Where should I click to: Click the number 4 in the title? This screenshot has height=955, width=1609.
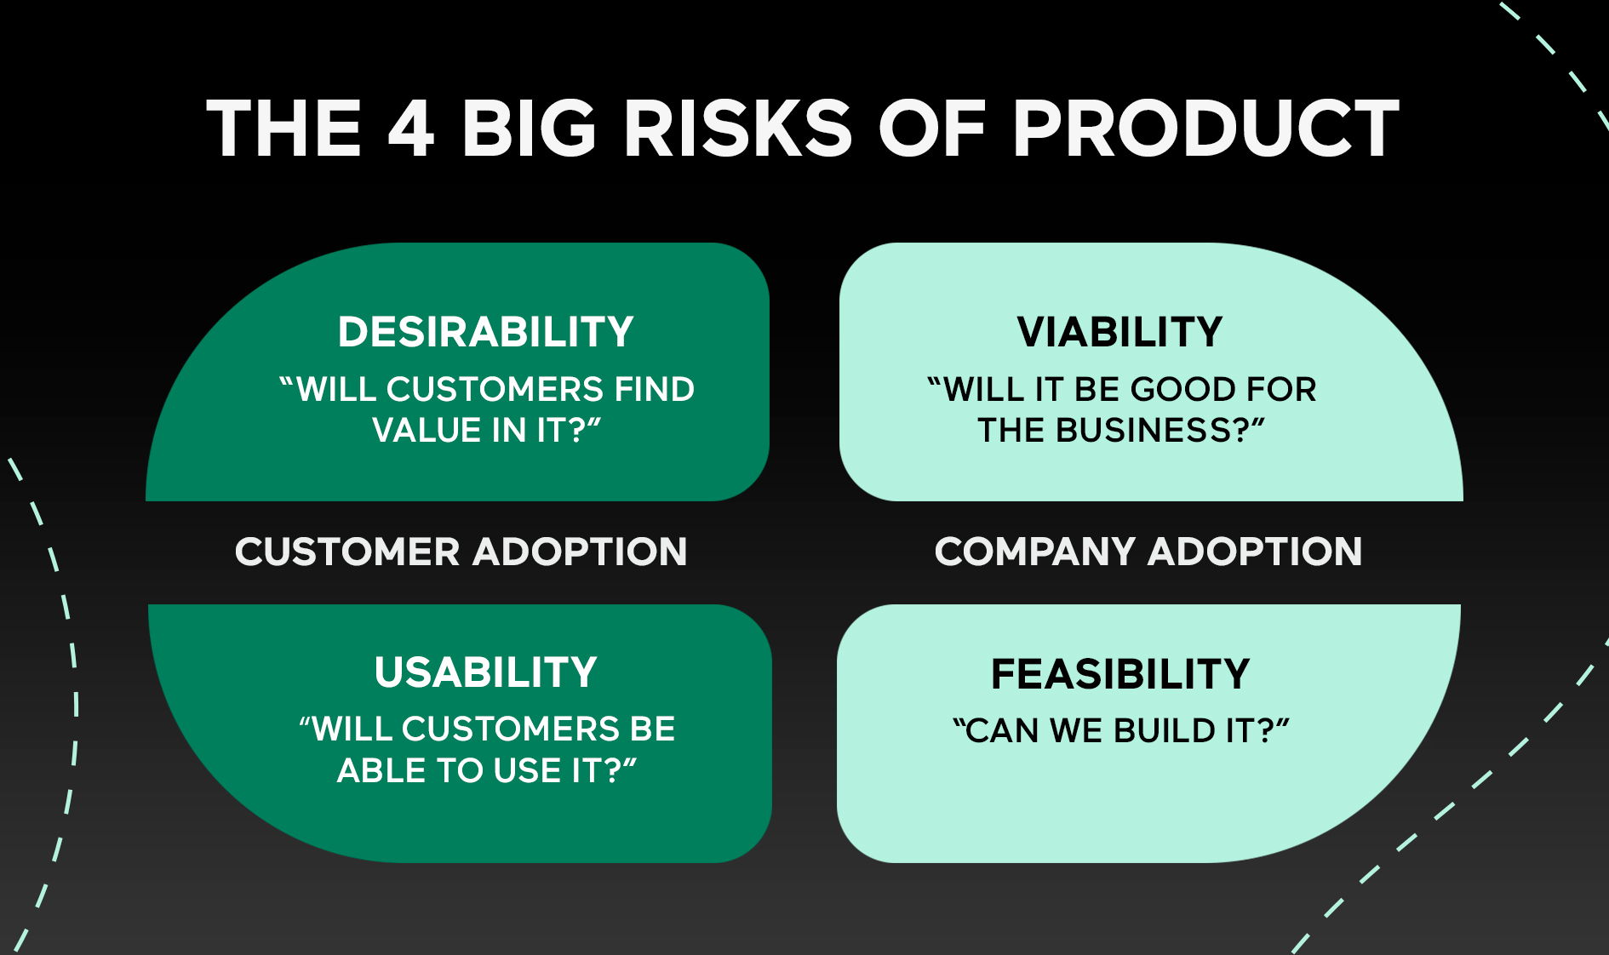pos(411,129)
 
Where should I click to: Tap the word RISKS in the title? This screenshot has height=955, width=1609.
pos(737,129)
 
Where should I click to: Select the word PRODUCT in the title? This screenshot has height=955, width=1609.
pos(1205,129)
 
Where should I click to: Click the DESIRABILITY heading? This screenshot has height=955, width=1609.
pos(486,332)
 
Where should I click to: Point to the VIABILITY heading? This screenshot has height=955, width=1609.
pos(1119,332)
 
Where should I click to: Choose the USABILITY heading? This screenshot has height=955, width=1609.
pos(486,672)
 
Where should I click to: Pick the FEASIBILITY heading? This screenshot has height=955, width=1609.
pos(1120,674)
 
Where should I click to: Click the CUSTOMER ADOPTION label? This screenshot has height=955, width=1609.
pos(461,552)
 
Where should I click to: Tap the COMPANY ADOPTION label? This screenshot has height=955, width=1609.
pos(1148,552)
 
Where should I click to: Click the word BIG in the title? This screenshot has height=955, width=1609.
pos(528,129)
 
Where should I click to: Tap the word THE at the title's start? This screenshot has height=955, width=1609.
pos(283,129)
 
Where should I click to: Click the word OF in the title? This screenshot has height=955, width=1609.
pos(931,129)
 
